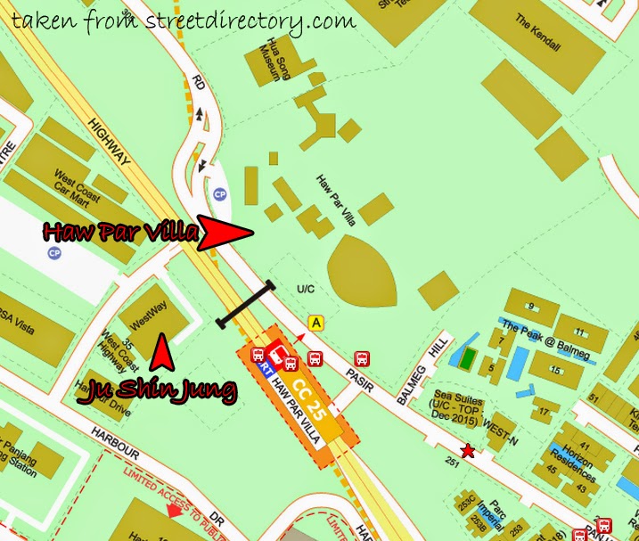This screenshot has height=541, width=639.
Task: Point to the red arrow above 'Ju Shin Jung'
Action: pos(160,350)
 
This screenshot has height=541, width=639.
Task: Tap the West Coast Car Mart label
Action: pos(76,181)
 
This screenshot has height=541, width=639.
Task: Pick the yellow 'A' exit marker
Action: pos(315,323)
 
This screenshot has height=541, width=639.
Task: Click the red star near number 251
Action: pos(467,451)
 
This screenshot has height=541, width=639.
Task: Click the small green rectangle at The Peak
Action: pos(466,358)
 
